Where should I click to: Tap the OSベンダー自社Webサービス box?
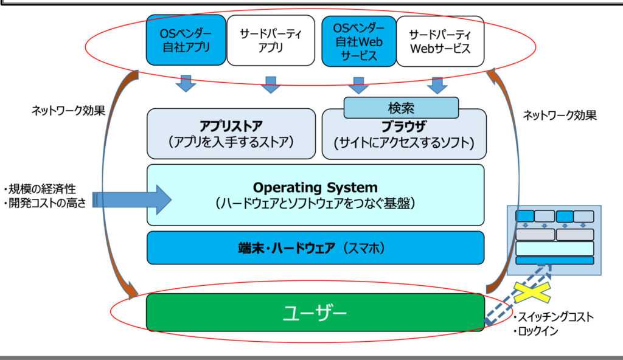[x=358, y=41]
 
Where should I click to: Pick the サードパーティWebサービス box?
[x=440, y=41]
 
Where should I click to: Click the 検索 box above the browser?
[x=401, y=108]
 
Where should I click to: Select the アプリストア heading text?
[x=231, y=126]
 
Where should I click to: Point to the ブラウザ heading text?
[x=403, y=127]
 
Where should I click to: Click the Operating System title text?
[x=315, y=187]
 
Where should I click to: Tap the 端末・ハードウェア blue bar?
[x=315, y=247]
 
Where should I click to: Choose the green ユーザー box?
[x=315, y=313]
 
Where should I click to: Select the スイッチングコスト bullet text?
[x=555, y=317]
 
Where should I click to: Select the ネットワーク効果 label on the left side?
[x=68, y=111]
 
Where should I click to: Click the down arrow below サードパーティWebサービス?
[x=437, y=85]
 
